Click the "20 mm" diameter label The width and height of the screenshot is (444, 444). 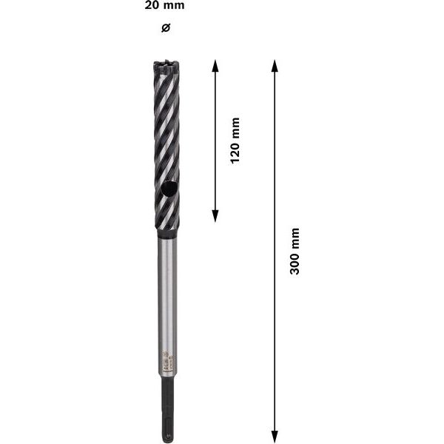[165, 6]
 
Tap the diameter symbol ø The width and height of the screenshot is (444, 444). [166, 27]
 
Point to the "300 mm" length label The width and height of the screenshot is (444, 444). [295, 252]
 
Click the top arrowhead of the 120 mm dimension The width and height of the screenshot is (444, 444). [215, 65]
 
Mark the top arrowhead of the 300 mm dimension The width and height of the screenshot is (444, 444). [275, 65]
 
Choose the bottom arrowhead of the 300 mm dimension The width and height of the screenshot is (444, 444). [275, 436]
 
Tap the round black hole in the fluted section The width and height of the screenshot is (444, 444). [169, 190]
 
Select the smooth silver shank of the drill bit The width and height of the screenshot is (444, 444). [167, 296]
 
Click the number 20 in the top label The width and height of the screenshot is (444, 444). [153, 6]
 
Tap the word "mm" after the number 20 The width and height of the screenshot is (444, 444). [174, 6]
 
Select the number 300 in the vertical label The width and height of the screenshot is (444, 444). [295, 263]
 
